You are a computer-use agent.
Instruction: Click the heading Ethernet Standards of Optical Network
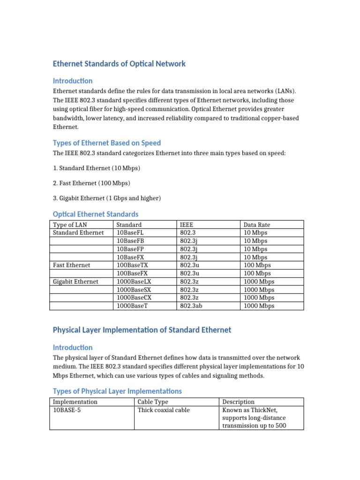tap(119, 64)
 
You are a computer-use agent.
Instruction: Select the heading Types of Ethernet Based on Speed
tap(106, 143)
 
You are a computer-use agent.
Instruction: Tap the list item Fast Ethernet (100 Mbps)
tap(91, 183)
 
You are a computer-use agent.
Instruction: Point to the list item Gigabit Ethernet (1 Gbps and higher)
tap(107, 198)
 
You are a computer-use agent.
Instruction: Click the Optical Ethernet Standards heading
tap(96, 214)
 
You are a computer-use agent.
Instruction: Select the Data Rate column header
tap(257, 225)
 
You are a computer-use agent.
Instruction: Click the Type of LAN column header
tap(70, 225)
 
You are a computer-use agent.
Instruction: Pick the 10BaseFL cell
tap(130, 232)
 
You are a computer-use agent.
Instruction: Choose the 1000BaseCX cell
tap(134, 298)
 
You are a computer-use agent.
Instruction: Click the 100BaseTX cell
tap(132, 265)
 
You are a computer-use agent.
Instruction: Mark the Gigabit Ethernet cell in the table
tap(75, 282)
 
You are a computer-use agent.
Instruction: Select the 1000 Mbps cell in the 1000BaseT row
tap(259, 306)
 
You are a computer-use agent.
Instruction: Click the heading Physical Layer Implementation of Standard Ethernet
tap(142, 330)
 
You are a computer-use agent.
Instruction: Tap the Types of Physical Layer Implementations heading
tap(117, 391)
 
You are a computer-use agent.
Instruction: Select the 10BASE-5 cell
tap(67, 410)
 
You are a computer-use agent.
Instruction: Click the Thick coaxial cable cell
tap(164, 410)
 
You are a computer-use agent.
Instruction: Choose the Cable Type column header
tap(153, 402)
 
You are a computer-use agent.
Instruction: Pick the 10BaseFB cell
tap(130, 241)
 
